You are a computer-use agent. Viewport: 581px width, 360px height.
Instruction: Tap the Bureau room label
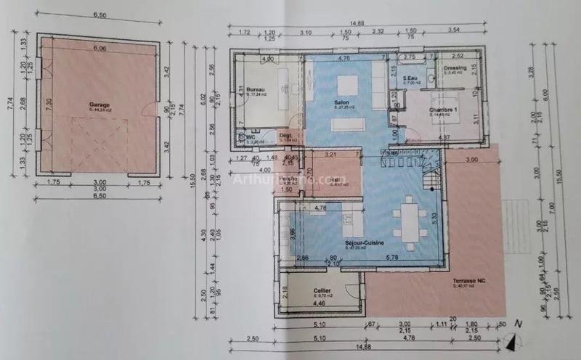(255, 89)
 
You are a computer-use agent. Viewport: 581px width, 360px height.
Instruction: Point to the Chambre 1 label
(442, 110)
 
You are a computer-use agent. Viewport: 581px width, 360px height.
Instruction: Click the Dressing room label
(455, 67)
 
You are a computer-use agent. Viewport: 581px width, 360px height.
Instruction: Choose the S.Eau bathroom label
(411, 79)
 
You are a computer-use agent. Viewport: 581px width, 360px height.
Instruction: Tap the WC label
(250, 136)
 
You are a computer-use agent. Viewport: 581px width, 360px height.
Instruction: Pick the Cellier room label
(322, 290)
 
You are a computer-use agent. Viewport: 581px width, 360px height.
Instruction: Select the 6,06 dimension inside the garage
(99, 49)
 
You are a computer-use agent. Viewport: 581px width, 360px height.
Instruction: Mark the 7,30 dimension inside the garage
(49, 105)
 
